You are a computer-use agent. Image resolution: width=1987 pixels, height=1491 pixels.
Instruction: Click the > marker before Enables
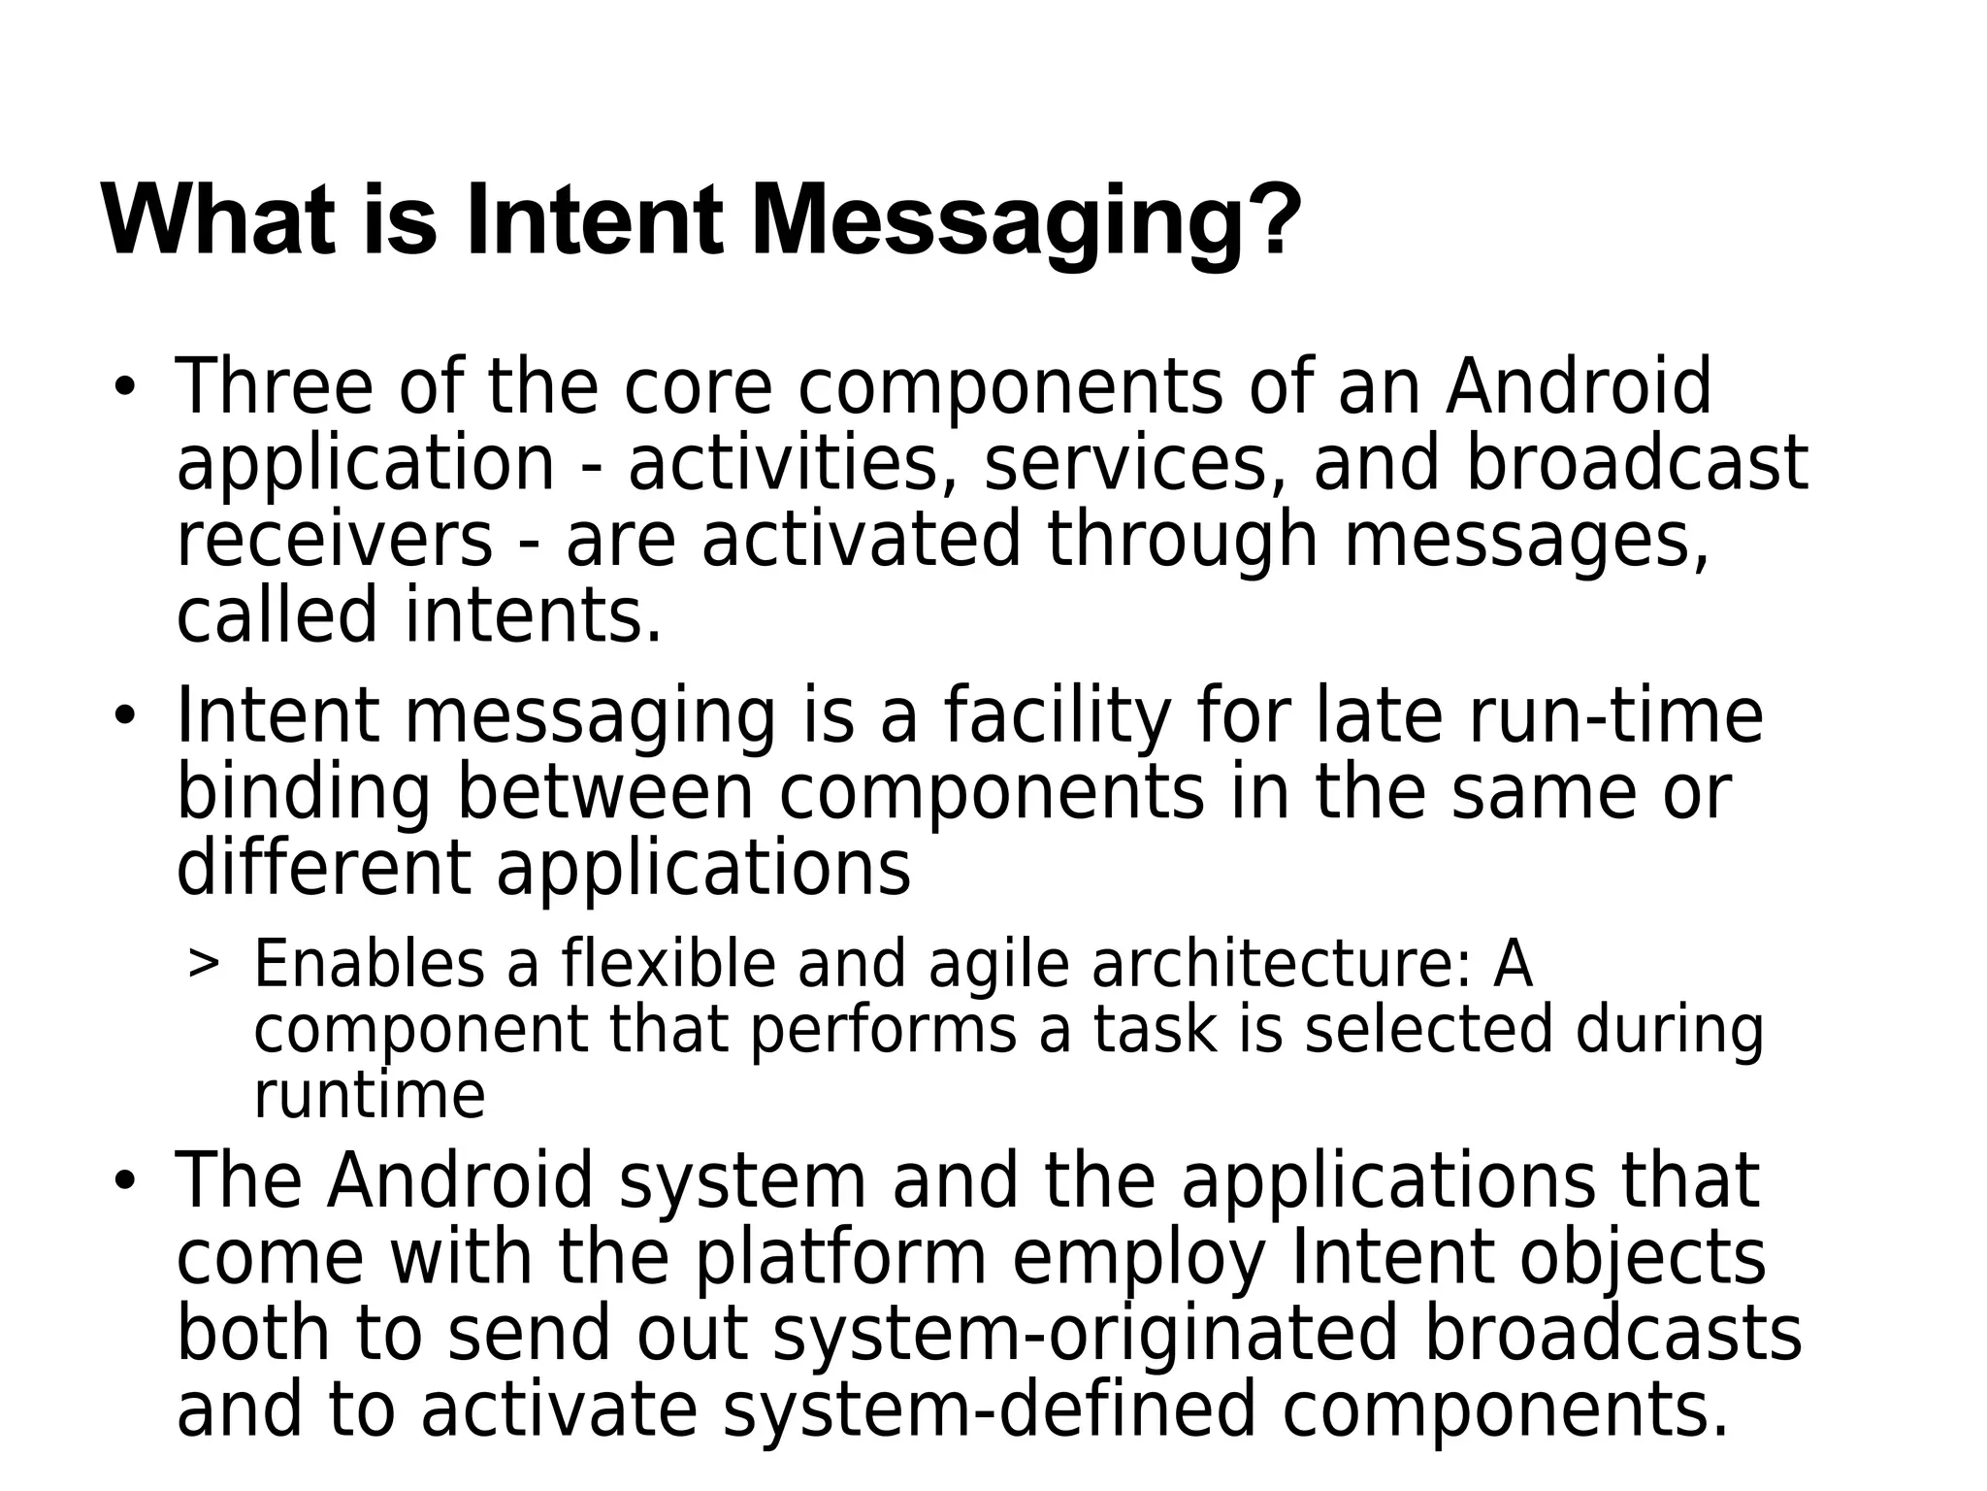coord(203,963)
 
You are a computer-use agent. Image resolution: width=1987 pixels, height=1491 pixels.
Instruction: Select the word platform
coord(840,1258)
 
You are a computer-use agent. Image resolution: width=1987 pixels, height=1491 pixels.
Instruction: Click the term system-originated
coord(1086,1333)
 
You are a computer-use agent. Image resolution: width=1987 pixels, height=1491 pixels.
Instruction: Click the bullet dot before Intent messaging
coord(123,717)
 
